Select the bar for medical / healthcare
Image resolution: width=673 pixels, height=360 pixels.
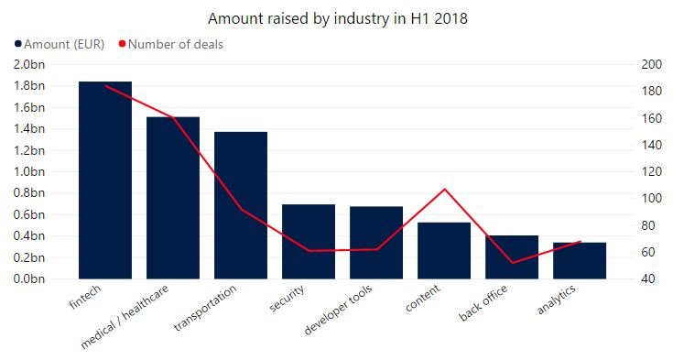tap(173, 198)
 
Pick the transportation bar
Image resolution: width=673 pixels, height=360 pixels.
tap(241, 205)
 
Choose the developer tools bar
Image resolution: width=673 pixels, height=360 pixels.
tap(376, 242)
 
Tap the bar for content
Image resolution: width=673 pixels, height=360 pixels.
tap(444, 250)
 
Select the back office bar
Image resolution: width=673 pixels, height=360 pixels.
tap(512, 256)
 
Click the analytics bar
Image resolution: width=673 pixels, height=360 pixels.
tap(580, 260)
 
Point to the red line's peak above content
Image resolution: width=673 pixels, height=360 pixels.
tap(444, 190)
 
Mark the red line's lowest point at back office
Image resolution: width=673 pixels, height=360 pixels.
tap(512, 263)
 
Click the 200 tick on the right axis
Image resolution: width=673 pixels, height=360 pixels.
tap(652, 64)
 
